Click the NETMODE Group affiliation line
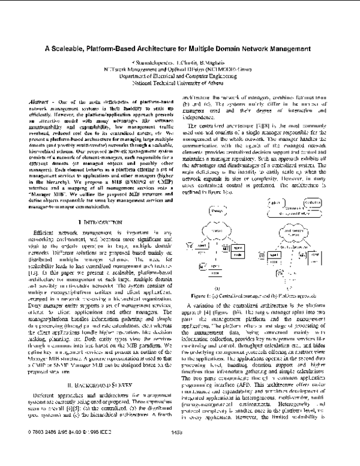pos(179,69)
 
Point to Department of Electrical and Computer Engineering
pos(179,76)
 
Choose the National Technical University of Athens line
pos(179,83)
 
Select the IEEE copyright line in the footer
pos(66,448)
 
